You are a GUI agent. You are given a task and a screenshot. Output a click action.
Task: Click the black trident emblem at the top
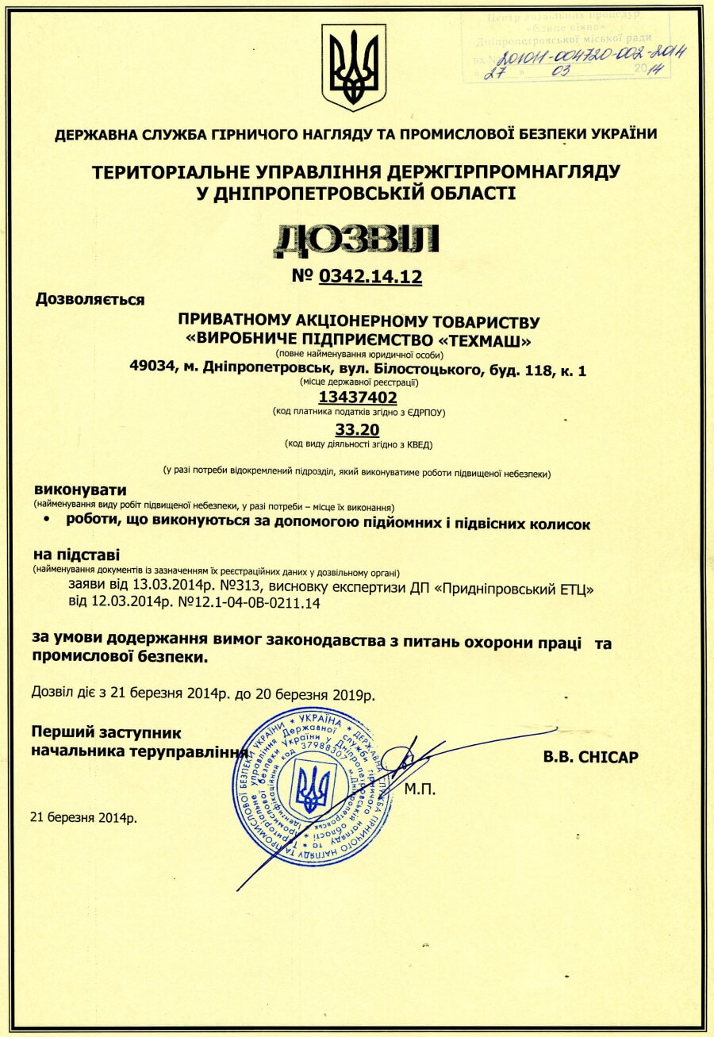[354, 67]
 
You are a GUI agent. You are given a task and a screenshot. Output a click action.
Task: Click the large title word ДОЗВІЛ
[356, 240]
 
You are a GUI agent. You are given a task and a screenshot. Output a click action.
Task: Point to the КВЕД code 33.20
[358, 429]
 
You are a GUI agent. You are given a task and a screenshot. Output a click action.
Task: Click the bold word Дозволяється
[90, 300]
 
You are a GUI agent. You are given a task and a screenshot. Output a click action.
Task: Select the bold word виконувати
[79, 490]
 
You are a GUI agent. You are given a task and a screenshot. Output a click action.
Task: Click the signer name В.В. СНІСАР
[591, 757]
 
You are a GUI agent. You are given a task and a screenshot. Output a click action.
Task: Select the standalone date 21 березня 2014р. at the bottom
[83, 816]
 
